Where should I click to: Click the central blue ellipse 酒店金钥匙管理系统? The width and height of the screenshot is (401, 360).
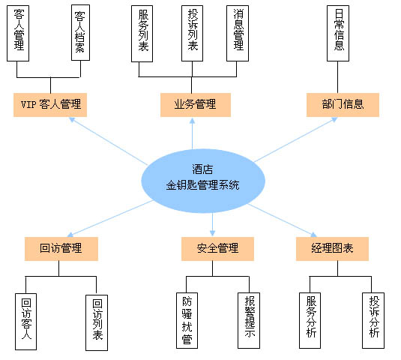203,181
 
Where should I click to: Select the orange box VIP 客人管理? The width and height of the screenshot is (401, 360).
50,105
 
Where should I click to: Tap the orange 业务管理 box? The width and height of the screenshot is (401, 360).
196,105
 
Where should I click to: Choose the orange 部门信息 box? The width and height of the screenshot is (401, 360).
343,105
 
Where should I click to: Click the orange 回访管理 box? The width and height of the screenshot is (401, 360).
61,249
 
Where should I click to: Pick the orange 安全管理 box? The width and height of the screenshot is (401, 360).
217,249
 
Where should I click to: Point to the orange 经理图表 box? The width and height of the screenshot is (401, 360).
332,249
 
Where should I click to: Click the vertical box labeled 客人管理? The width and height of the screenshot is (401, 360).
18,33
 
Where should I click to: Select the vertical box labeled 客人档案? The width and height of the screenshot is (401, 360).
80,32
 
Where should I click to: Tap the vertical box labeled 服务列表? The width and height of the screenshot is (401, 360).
142,34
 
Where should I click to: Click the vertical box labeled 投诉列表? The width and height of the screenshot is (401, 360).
192,33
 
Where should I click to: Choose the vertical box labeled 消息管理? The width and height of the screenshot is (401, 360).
238,33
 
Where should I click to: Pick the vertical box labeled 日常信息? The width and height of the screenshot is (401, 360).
338,33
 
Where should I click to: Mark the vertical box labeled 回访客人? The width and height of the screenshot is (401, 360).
25,321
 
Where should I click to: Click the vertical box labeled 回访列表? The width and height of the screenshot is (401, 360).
97,322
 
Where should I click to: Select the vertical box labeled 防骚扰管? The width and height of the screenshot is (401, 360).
187,320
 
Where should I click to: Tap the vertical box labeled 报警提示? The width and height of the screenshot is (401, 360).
249,320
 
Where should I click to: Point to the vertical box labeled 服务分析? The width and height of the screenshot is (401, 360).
310,320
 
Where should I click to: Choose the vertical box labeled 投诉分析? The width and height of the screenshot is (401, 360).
373,320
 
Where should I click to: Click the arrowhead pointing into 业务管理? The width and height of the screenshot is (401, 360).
192,121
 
